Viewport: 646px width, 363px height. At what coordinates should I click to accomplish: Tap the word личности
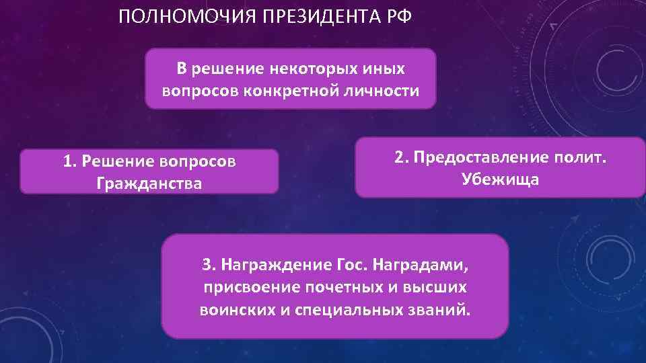(x=382, y=90)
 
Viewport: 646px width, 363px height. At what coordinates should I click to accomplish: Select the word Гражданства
(x=149, y=183)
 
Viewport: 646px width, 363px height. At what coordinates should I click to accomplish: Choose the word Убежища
(x=500, y=179)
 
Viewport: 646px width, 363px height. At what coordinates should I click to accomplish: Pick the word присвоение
(x=250, y=288)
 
